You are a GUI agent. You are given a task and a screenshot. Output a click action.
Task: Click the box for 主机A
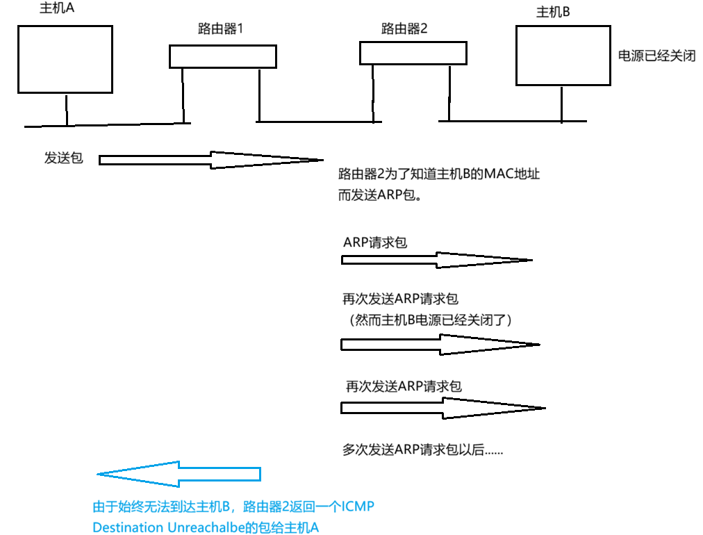(65, 59)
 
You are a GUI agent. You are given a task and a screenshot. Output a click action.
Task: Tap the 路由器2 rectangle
(409, 52)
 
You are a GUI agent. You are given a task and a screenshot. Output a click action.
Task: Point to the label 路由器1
(220, 30)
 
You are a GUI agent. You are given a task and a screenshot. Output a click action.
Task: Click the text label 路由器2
(404, 28)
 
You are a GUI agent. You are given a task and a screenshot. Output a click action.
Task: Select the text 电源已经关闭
(656, 56)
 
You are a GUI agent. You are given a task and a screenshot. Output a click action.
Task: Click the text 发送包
(63, 158)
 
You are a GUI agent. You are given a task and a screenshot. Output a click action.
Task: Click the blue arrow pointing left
(179, 474)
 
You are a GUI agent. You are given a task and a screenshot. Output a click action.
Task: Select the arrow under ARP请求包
(436, 260)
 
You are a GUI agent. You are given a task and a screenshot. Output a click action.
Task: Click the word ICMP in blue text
(359, 507)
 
